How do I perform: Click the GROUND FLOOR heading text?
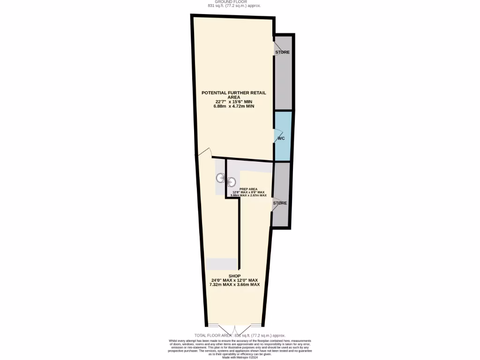click(x=234, y=2)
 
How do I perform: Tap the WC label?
click(x=281, y=139)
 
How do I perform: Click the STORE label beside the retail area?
click(x=282, y=52)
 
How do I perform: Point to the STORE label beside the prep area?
click(x=280, y=203)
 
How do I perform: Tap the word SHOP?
click(x=234, y=276)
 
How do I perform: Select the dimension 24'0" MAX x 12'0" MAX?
click(x=234, y=280)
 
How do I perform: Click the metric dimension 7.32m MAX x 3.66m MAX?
click(x=234, y=285)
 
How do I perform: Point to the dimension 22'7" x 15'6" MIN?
click(x=233, y=102)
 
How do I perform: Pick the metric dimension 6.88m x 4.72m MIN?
click(x=233, y=106)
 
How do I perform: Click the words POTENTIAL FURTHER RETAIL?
click(x=233, y=93)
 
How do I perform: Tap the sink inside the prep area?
click(x=232, y=181)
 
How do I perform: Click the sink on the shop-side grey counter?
click(x=220, y=178)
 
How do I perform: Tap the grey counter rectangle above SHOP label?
click(x=221, y=264)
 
